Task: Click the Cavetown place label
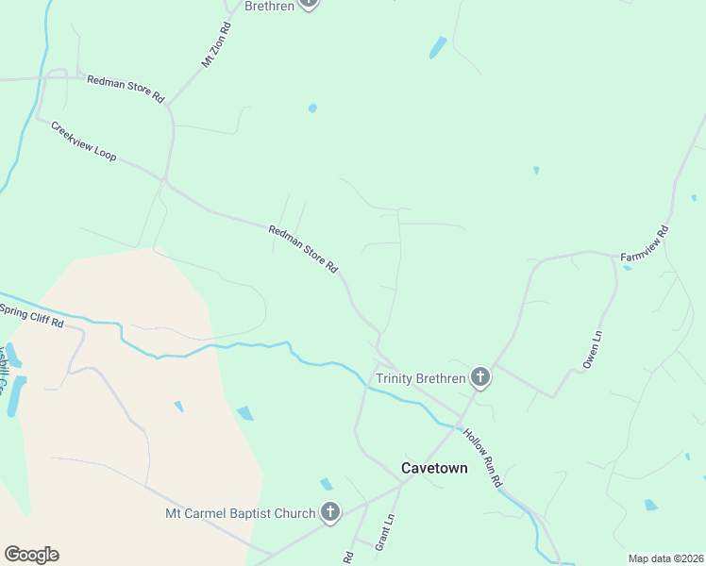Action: click(434, 467)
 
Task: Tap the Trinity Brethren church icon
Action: click(480, 379)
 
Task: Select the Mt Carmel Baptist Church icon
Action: click(330, 513)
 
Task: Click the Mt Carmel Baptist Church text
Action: click(240, 514)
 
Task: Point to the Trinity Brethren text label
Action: click(421, 379)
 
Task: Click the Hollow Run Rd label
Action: click(482, 458)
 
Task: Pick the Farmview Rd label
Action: click(645, 244)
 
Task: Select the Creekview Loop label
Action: click(84, 141)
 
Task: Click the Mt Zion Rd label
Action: click(216, 44)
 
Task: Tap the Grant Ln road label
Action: click(384, 533)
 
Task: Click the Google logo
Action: click(31, 555)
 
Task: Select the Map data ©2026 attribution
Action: click(665, 558)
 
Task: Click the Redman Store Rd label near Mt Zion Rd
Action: click(126, 89)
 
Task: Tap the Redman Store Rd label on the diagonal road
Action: click(303, 248)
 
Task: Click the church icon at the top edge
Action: click(309, 4)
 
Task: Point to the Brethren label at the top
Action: click(269, 6)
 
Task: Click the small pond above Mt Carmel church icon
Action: click(326, 484)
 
